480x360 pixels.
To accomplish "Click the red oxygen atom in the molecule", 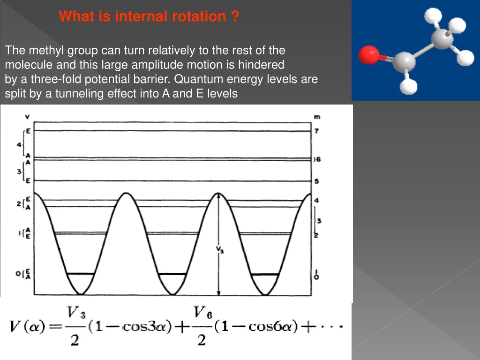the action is [369, 55].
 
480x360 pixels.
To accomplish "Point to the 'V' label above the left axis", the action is [27, 117].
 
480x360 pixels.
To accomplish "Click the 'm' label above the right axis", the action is [317, 117].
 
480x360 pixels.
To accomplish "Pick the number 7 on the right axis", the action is [316, 131].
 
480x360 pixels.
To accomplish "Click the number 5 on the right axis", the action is [316, 181].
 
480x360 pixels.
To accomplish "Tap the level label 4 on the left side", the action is [19, 144].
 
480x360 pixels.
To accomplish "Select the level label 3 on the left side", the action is [19, 172].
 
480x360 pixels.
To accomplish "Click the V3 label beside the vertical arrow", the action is [220, 249].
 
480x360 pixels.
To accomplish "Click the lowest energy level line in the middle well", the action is [172, 274].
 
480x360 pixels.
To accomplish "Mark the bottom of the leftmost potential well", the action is [81, 294].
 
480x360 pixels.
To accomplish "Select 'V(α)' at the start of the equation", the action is [28, 326].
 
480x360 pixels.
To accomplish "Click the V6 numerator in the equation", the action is [202, 312].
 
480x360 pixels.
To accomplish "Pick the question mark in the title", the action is [235, 16].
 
